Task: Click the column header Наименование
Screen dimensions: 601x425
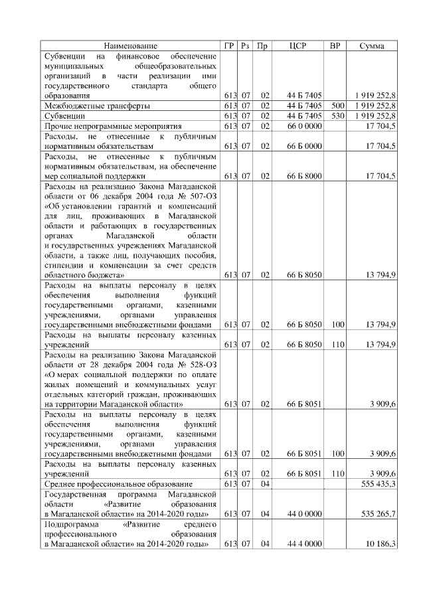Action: [x=131, y=46]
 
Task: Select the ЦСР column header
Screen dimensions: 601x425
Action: [x=297, y=46]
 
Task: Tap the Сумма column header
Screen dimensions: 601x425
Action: [x=373, y=46]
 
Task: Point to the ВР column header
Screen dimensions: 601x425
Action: [x=336, y=46]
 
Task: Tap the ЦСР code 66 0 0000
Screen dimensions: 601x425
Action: [x=304, y=126]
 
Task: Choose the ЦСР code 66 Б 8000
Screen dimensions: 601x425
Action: [x=304, y=175]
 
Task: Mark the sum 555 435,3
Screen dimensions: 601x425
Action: [x=376, y=484]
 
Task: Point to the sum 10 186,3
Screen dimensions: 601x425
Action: [x=379, y=544]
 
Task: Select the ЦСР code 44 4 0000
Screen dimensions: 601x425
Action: [x=304, y=544]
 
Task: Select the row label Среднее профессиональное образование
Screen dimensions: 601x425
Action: [x=118, y=484]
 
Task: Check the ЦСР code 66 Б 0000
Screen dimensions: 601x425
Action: [x=304, y=145]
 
